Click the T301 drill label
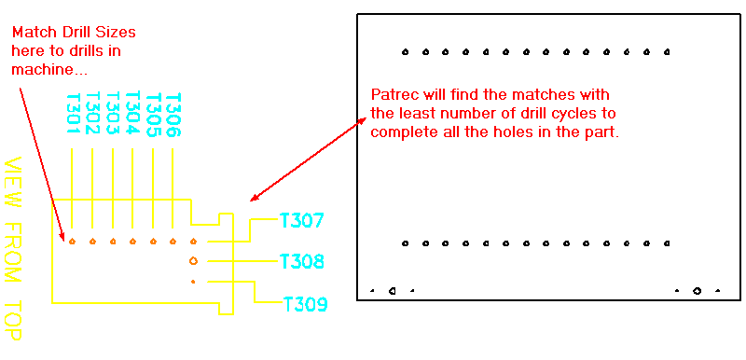click(72, 114)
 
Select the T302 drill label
click(92, 114)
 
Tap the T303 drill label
click(113, 114)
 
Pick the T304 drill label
click(132, 114)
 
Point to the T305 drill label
click(153, 114)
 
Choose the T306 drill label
click(173, 114)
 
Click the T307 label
click(301, 221)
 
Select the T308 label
click(301, 262)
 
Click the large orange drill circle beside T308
click(193, 261)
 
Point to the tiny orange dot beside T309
click(193, 281)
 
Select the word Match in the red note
click(33, 32)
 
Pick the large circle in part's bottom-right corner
click(697, 290)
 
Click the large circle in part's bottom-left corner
click(393, 290)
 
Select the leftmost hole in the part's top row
click(405, 52)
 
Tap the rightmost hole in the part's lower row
click(667, 243)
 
